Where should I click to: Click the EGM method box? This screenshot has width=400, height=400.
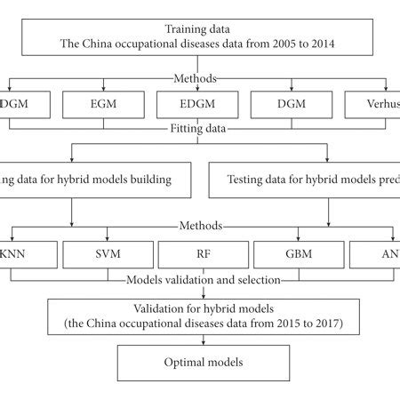(x=103, y=106)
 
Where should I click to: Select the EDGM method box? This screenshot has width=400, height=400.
(x=198, y=106)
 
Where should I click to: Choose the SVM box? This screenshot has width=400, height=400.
(x=103, y=255)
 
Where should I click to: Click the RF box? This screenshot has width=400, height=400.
(x=198, y=255)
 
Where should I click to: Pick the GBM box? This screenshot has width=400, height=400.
(x=293, y=255)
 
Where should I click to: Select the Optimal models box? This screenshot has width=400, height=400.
(x=204, y=364)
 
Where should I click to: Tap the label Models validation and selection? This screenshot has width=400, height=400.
(x=204, y=280)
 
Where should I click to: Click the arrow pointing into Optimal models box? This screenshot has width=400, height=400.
(x=204, y=340)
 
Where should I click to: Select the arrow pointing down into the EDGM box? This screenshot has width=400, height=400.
(x=198, y=86)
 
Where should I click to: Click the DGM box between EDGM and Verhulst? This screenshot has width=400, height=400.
(x=293, y=106)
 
